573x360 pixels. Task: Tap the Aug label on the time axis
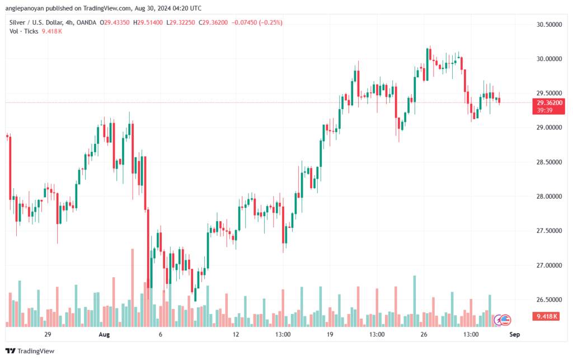point(104,335)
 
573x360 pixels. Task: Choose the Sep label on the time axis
point(515,335)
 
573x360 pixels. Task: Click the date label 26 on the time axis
point(424,335)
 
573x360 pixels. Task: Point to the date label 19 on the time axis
point(330,335)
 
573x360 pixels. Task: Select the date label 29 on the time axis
point(48,335)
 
